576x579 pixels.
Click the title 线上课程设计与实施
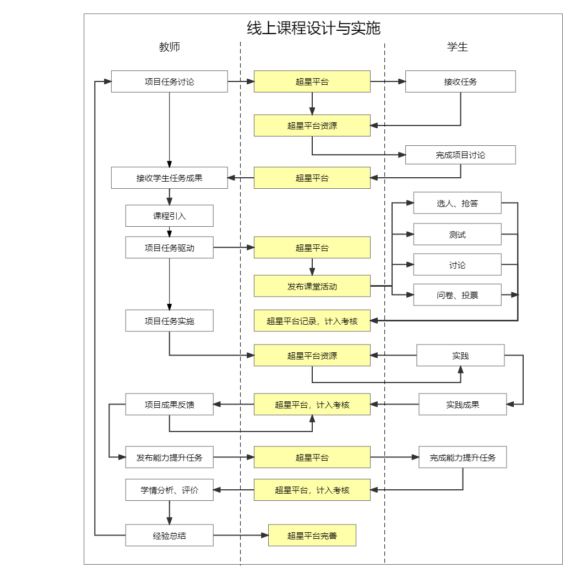(313, 28)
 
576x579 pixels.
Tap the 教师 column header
(169, 47)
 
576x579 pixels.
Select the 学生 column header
(457, 47)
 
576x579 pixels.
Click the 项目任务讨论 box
(169, 81)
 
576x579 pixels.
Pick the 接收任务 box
(460, 81)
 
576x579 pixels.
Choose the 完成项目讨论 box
(460, 155)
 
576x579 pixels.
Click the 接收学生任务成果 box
(169, 178)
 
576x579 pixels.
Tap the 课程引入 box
(169, 216)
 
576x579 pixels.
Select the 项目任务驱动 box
(169, 248)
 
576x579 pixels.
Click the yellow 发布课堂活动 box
(312, 286)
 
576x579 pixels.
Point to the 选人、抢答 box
(457, 203)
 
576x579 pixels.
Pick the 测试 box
(457, 234)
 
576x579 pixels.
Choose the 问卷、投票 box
(457, 295)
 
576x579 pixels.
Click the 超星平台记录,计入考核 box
(312, 321)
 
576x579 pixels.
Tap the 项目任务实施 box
(169, 321)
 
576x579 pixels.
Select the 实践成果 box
(463, 405)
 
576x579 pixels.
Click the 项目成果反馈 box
(169, 405)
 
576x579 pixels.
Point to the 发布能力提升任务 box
(169, 457)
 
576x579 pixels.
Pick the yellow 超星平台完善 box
(312, 536)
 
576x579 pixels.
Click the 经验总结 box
(169, 536)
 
